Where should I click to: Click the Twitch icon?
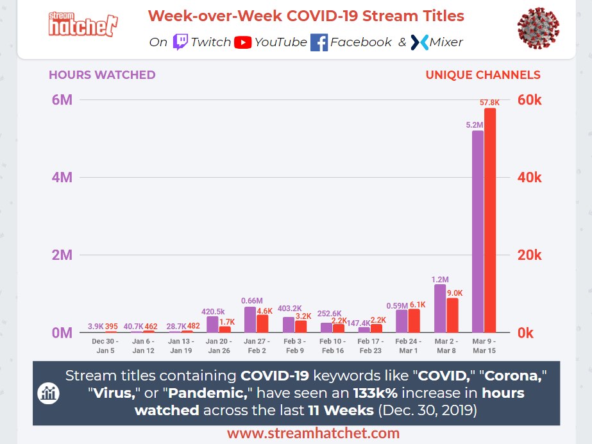click(180, 42)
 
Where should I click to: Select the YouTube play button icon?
click(242, 42)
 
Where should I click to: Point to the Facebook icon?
click(319, 42)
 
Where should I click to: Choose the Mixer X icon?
click(419, 42)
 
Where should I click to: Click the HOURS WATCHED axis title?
click(102, 75)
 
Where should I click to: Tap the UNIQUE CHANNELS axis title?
click(482, 75)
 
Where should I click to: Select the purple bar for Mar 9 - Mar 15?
click(478, 232)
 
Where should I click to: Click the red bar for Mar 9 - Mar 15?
click(490, 221)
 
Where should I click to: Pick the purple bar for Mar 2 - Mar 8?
click(440, 309)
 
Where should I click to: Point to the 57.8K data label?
click(489, 103)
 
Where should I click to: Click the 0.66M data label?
click(252, 300)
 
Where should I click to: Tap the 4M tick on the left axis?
click(62, 178)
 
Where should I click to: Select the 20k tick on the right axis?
click(529, 255)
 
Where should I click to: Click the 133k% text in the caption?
click(373, 393)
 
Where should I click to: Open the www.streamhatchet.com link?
click(313, 434)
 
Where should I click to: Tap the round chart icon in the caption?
click(48, 393)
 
